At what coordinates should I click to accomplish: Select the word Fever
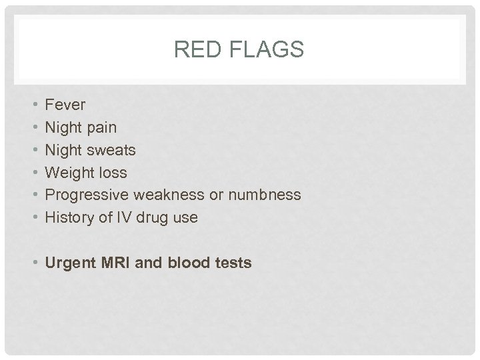coord(65,105)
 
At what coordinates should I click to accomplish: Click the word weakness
coord(166,195)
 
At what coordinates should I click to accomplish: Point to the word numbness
coord(265,195)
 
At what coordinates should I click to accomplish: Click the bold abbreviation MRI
coord(115,263)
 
